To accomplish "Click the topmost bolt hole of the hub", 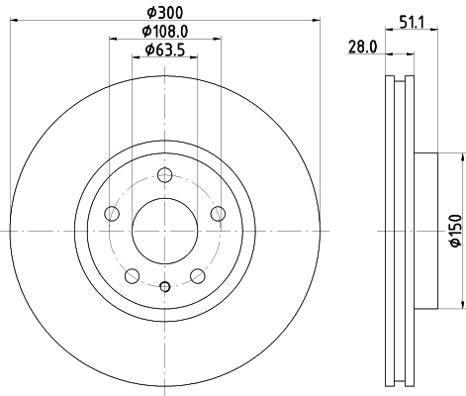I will point(165,175).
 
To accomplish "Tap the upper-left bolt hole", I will point(112,214).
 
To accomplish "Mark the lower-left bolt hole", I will point(133,275).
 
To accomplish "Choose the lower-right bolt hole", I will point(198,275).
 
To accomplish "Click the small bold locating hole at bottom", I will point(165,287).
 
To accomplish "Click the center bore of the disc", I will point(165,230).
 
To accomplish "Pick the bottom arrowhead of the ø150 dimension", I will point(459,306).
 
